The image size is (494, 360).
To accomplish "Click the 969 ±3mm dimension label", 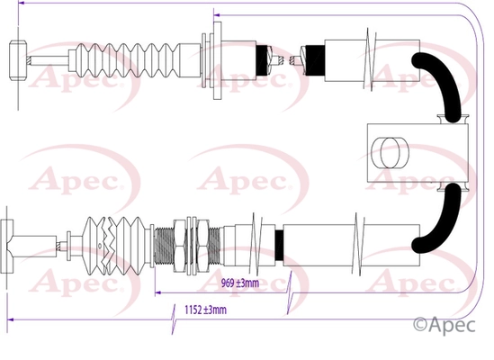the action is click(x=240, y=283).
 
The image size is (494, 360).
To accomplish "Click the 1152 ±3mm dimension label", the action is click(x=205, y=310).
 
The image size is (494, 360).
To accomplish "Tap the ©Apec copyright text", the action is click(x=444, y=325).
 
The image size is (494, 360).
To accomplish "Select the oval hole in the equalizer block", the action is click(x=390, y=153).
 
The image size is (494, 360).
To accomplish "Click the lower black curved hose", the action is click(x=441, y=220).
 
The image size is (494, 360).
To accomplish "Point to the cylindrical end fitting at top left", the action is click(x=18, y=60).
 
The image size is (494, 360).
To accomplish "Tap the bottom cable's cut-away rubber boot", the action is click(x=114, y=246).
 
